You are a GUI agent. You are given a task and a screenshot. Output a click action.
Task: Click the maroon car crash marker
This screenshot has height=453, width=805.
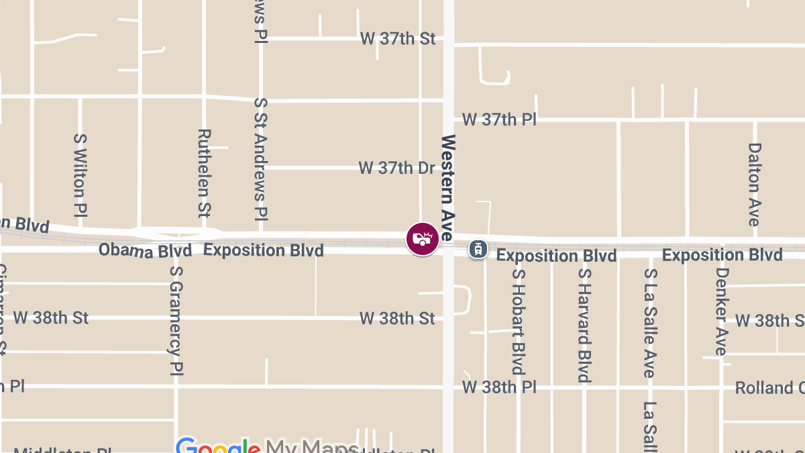click(x=423, y=239)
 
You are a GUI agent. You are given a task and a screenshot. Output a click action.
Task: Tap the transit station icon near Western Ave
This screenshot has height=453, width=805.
click(x=477, y=249)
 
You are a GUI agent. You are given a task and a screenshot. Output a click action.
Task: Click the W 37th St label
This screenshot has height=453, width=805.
click(x=398, y=39)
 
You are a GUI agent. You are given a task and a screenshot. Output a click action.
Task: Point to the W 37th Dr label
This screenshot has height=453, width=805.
click(x=396, y=168)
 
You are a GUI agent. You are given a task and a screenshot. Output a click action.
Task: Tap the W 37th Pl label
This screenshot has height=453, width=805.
click(x=499, y=120)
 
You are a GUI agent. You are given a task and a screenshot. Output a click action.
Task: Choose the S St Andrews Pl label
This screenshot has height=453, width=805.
click(x=260, y=159)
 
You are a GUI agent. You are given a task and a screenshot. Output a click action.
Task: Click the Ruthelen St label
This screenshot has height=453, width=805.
click(x=205, y=173)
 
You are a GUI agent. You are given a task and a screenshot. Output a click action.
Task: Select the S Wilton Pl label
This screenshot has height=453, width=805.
click(x=80, y=174)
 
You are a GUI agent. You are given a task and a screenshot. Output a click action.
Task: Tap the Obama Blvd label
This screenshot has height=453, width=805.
click(x=145, y=250)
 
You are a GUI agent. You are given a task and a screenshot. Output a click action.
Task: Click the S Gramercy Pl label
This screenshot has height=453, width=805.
click(x=176, y=319)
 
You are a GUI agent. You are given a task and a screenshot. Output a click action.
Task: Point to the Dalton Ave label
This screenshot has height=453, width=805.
click(x=754, y=184)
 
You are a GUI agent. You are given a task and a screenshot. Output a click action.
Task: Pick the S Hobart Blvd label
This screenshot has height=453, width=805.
click(x=517, y=321)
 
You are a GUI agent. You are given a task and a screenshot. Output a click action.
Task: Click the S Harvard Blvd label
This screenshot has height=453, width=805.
click(x=584, y=325)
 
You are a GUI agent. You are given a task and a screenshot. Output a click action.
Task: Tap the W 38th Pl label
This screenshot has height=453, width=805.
click(x=499, y=387)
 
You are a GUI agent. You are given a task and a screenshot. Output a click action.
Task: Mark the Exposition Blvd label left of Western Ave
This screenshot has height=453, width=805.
click(x=264, y=250)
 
